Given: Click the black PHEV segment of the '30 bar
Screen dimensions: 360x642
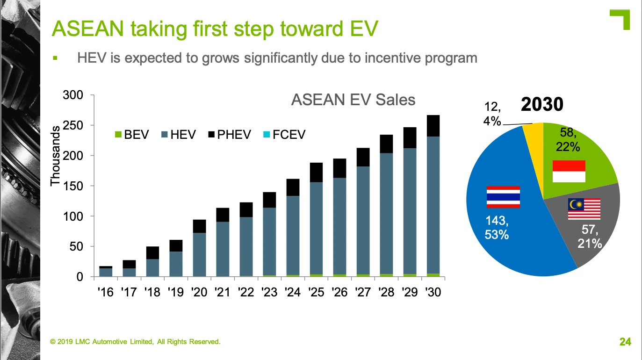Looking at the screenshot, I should [x=433, y=126].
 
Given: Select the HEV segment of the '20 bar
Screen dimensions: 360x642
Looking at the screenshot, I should [x=200, y=254].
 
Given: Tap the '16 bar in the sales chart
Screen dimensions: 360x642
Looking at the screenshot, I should [x=106, y=272].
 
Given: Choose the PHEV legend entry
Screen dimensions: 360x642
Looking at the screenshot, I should [x=229, y=135].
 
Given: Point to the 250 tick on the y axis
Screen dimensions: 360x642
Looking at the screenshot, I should [x=72, y=125].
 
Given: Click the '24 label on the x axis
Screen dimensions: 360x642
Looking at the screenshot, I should [x=293, y=292].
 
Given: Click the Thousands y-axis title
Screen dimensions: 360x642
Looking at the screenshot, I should [x=55, y=155].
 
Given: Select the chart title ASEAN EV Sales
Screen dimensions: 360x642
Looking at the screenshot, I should [x=353, y=100].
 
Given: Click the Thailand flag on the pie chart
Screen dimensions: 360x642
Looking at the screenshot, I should [x=503, y=197].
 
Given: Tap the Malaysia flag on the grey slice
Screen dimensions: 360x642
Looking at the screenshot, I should [x=584, y=209].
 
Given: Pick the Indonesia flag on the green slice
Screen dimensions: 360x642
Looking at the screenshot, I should [x=569, y=171].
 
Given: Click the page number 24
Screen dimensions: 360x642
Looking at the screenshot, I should [x=625, y=342].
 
